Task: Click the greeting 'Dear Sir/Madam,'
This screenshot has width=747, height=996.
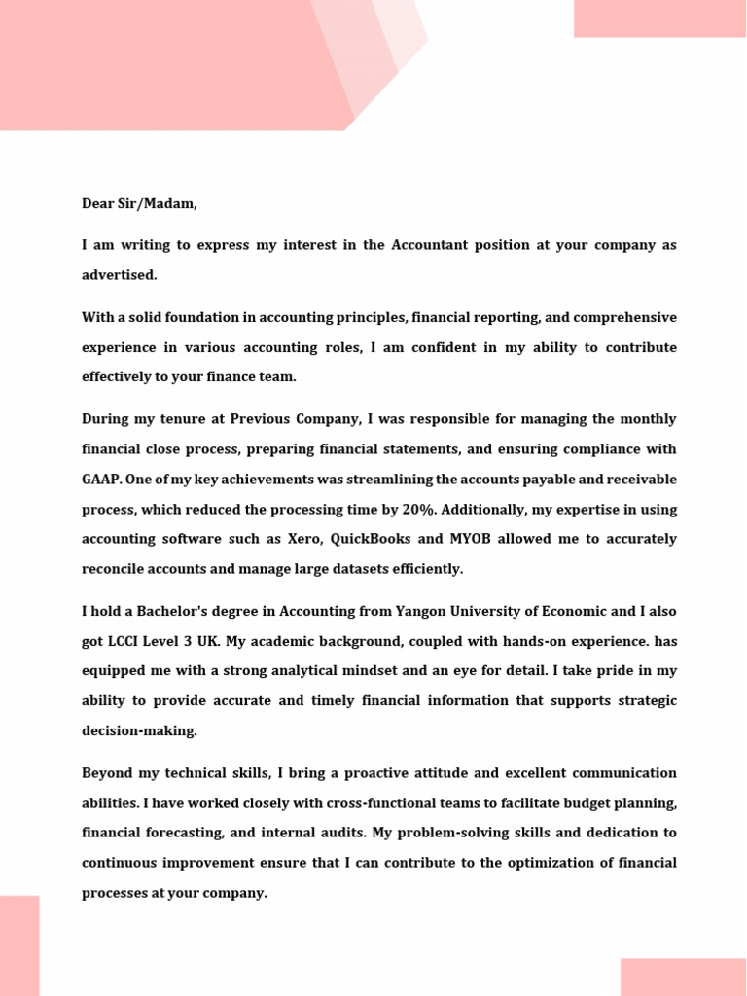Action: [x=139, y=204]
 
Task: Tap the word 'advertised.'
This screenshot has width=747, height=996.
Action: [x=119, y=275]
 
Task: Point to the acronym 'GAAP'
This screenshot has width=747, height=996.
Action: [x=102, y=480]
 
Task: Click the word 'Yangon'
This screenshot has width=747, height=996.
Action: [x=423, y=612]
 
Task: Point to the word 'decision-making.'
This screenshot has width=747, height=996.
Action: [x=139, y=731]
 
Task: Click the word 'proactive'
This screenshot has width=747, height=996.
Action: [x=357, y=773]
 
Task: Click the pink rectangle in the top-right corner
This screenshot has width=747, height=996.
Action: [x=659, y=18]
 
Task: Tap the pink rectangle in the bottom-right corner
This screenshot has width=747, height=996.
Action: [x=683, y=977]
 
